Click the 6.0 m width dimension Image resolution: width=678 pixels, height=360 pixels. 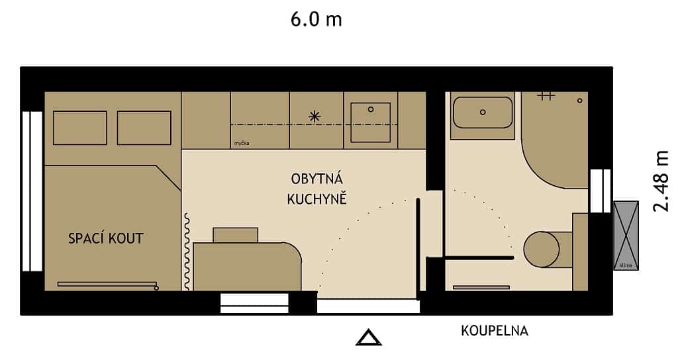click(316, 19)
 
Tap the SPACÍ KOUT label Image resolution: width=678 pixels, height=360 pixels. click(105, 238)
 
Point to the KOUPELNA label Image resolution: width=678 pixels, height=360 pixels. click(495, 331)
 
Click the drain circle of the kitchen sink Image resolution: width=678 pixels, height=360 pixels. click(371, 109)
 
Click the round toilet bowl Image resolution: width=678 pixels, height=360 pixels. click(542, 249)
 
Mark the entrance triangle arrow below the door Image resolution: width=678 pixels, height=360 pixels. click(369, 338)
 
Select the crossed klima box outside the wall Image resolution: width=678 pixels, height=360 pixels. click(626, 231)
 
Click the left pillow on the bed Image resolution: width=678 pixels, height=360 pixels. click(79, 128)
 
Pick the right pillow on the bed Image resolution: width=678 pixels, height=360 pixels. click(144, 128)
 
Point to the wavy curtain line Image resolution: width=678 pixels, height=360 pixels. click(187, 251)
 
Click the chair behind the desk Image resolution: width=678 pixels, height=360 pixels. click(235, 235)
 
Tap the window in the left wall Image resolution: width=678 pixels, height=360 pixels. click(32, 191)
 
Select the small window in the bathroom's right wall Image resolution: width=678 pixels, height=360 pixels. click(600, 191)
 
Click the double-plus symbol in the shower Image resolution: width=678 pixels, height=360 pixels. click(545, 96)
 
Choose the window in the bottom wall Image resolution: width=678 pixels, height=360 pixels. click(254, 303)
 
